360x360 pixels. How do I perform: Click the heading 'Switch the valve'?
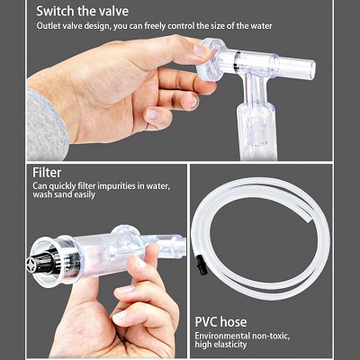(x=83, y=12)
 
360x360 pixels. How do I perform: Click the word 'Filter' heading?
(x=47, y=173)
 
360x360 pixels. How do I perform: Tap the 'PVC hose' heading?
(x=221, y=322)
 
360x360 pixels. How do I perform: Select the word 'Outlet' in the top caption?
(x=47, y=26)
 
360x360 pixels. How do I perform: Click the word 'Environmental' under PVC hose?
(x=222, y=336)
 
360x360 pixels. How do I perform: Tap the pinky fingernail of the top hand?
(x=153, y=113)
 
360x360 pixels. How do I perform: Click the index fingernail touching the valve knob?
(x=201, y=50)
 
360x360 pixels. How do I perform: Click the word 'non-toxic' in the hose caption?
(x=271, y=336)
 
